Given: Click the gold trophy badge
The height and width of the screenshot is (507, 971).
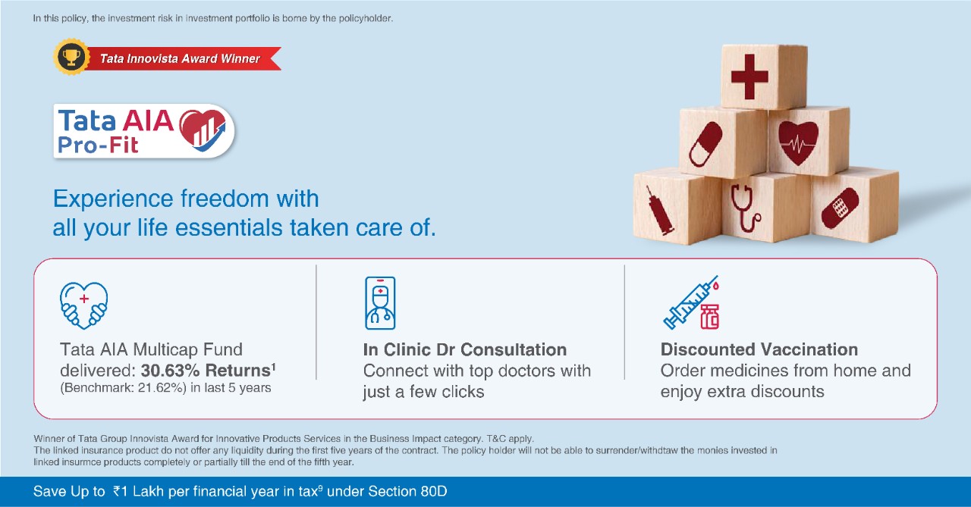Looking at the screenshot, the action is pyautogui.click(x=71, y=57).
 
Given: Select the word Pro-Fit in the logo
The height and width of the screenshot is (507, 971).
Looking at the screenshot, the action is pyautogui.click(x=98, y=145).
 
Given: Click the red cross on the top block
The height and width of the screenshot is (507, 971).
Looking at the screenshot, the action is pyautogui.click(x=749, y=77).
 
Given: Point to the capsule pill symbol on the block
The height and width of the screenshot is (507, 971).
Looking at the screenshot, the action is pyautogui.click(x=705, y=144).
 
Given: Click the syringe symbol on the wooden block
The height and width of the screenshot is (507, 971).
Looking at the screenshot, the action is pyautogui.click(x=659, y=211).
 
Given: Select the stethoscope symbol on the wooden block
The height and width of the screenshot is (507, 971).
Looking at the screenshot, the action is pyautogui.click(x=744, y=208).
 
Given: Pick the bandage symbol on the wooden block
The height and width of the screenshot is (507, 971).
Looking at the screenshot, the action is pyautogui.click(x=840, y=208).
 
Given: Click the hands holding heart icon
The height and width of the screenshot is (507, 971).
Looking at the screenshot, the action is pyautogui.click(x=83, y=305).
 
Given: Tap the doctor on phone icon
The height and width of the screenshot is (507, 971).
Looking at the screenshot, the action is pyautogui.click(x=380, y=303).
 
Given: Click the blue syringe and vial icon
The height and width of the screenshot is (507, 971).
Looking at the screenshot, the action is pyautogui.click(x=691, y=302).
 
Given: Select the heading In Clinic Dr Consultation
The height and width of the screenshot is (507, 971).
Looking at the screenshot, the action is pyautogui.click(x=465, y=350).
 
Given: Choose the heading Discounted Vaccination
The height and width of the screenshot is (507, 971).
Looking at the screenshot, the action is pyautogui.click(x=759, y=349).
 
